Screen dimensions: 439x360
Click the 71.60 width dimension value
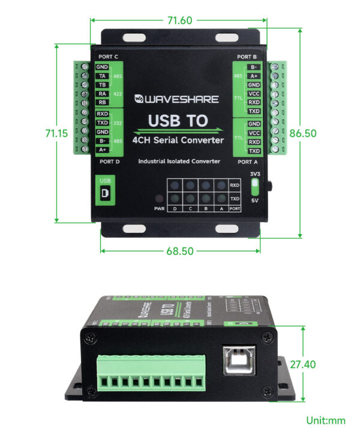click(179, 20)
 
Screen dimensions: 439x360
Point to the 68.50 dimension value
click(179, 250)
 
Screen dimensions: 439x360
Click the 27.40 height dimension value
click(319, 364)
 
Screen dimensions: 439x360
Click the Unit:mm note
click(326, 420)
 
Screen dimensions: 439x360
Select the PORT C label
click(108, 57)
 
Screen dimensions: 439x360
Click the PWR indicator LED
click(159, 199)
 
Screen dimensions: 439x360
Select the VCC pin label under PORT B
click(254, 94)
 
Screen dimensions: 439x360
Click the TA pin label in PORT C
click(103, 76)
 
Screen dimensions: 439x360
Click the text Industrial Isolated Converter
click(179, 161)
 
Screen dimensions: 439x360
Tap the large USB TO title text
click(178, 121)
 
